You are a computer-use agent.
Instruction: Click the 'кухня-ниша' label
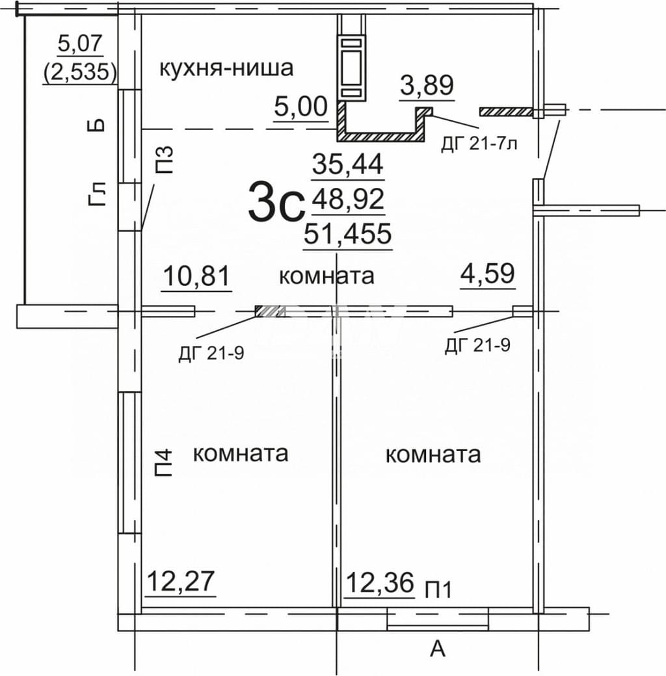tap(226, 68)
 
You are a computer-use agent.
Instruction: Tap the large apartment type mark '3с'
tap(274, 201)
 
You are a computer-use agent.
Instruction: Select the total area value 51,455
tap(348, 233)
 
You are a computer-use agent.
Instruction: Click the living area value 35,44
tap(348, 164)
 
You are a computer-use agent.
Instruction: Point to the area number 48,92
tap(348, 199)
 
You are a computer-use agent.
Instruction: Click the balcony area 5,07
tap(80, 44)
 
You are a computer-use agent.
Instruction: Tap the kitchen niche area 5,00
tap(300, 107)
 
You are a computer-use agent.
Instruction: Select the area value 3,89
tap(427, 85)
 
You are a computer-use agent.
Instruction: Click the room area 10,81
tap(196, 276)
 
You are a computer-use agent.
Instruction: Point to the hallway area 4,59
tap(488, 274)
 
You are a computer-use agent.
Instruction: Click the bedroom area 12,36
tap(380, 582)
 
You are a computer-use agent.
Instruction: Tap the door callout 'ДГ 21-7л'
tap(479, 144)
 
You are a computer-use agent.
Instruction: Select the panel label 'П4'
tap(163, 463)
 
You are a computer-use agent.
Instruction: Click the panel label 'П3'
tap(163, 159)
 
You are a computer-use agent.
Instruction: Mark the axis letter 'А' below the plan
tap(438, 648)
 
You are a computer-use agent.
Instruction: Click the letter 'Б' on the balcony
tap(98, 125)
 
